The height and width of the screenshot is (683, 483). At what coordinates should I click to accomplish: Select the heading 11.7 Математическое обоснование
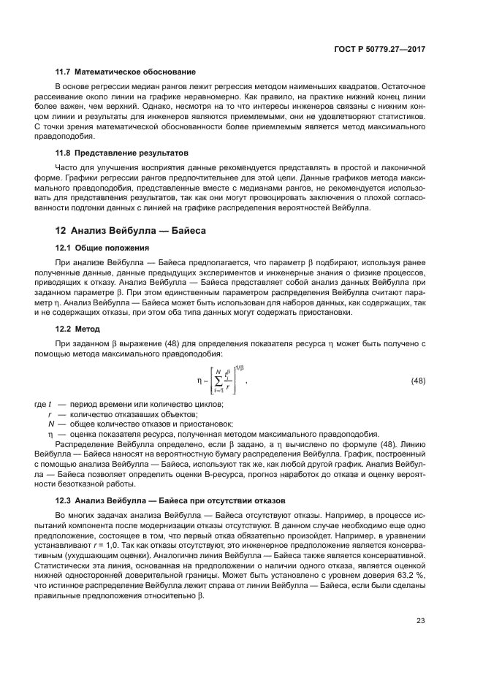[126, 72]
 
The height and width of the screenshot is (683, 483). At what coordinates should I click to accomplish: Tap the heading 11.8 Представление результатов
[123, 153]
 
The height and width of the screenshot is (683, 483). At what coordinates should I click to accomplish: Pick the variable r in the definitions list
[50, 413]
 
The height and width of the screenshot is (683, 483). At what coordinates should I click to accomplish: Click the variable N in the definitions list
[51, 423]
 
